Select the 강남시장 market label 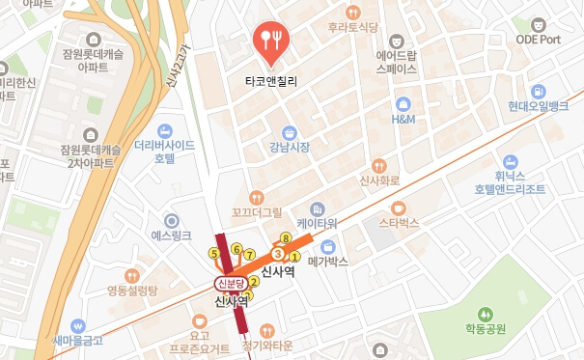pos(290,147)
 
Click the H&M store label pos(403,120)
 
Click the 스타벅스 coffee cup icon pos(399,208)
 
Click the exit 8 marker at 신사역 pos(285,237)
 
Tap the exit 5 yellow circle pos(213,254)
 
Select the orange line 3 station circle pos(278,254)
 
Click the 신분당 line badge pos(231,283)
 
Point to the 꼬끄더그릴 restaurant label pos(256,211)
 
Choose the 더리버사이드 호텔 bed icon pos(165,131)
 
